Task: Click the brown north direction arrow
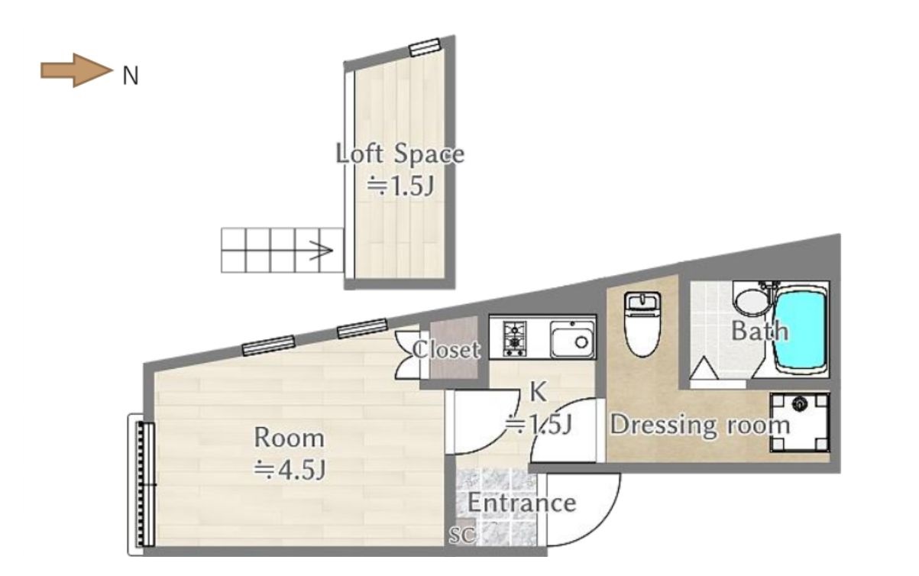(76, 70)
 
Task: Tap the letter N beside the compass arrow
(131, 76)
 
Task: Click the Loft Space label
(400, 154)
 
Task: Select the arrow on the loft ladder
(321, 251)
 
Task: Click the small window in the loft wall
(425, 47)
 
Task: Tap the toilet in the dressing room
(642, 324)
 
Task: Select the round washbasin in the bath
(752, 303)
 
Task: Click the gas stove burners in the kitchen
(514, 339)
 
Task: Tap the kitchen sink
(572, 339)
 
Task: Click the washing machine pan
(799, 422)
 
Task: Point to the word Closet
(446, 350)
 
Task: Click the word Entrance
(522, 503)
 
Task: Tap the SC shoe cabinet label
(462, 535)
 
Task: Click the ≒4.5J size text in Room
(290, 470)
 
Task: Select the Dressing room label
(700, 425)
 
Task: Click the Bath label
(759, 331)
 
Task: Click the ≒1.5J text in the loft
(400, 186)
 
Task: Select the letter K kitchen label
(538, 392)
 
